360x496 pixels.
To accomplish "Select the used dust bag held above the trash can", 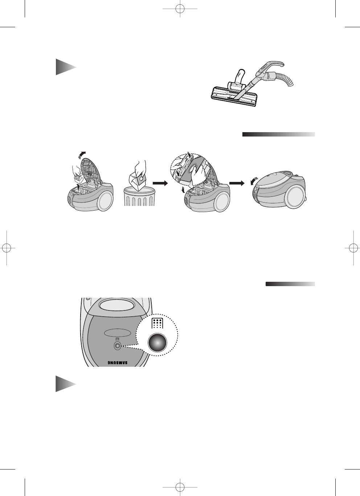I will [x=139, y=180].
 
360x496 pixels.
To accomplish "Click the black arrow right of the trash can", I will [x=161, y=183].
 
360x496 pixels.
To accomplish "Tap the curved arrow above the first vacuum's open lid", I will [x=83, y=154].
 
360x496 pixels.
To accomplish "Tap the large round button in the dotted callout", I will [x=157, y=343].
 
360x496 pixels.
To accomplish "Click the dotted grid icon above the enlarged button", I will [x=157, y=323].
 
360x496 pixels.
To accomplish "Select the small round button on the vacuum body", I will [x=117, y=346].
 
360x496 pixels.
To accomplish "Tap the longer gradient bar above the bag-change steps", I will [x=278, y=134].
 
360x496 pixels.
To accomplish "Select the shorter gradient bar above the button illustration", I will [x=290, y=284].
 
